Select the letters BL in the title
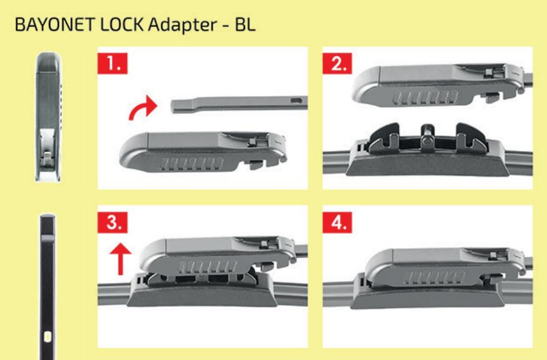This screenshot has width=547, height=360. point(245,24)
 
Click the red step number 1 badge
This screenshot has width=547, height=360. point(112,63)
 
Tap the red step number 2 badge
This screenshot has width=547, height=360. point(337,63)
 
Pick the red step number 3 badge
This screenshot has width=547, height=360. point(112,222)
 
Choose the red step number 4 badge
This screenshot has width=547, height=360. point(337,222)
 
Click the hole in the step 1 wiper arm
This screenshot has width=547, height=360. point(296,101)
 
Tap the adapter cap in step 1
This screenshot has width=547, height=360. point(203,151)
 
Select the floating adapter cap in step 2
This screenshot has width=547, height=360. point(439,85)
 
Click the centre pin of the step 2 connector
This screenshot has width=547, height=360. point(427,137)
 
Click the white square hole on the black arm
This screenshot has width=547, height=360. point(48,336)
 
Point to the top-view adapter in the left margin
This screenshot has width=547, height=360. point(48,117)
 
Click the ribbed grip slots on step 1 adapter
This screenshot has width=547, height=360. point(192,164)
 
